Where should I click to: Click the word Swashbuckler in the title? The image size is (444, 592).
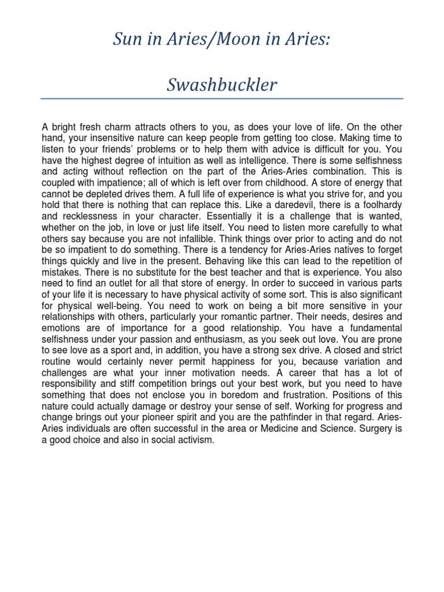point(222,85)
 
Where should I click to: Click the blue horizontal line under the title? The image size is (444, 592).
point(222,99)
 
